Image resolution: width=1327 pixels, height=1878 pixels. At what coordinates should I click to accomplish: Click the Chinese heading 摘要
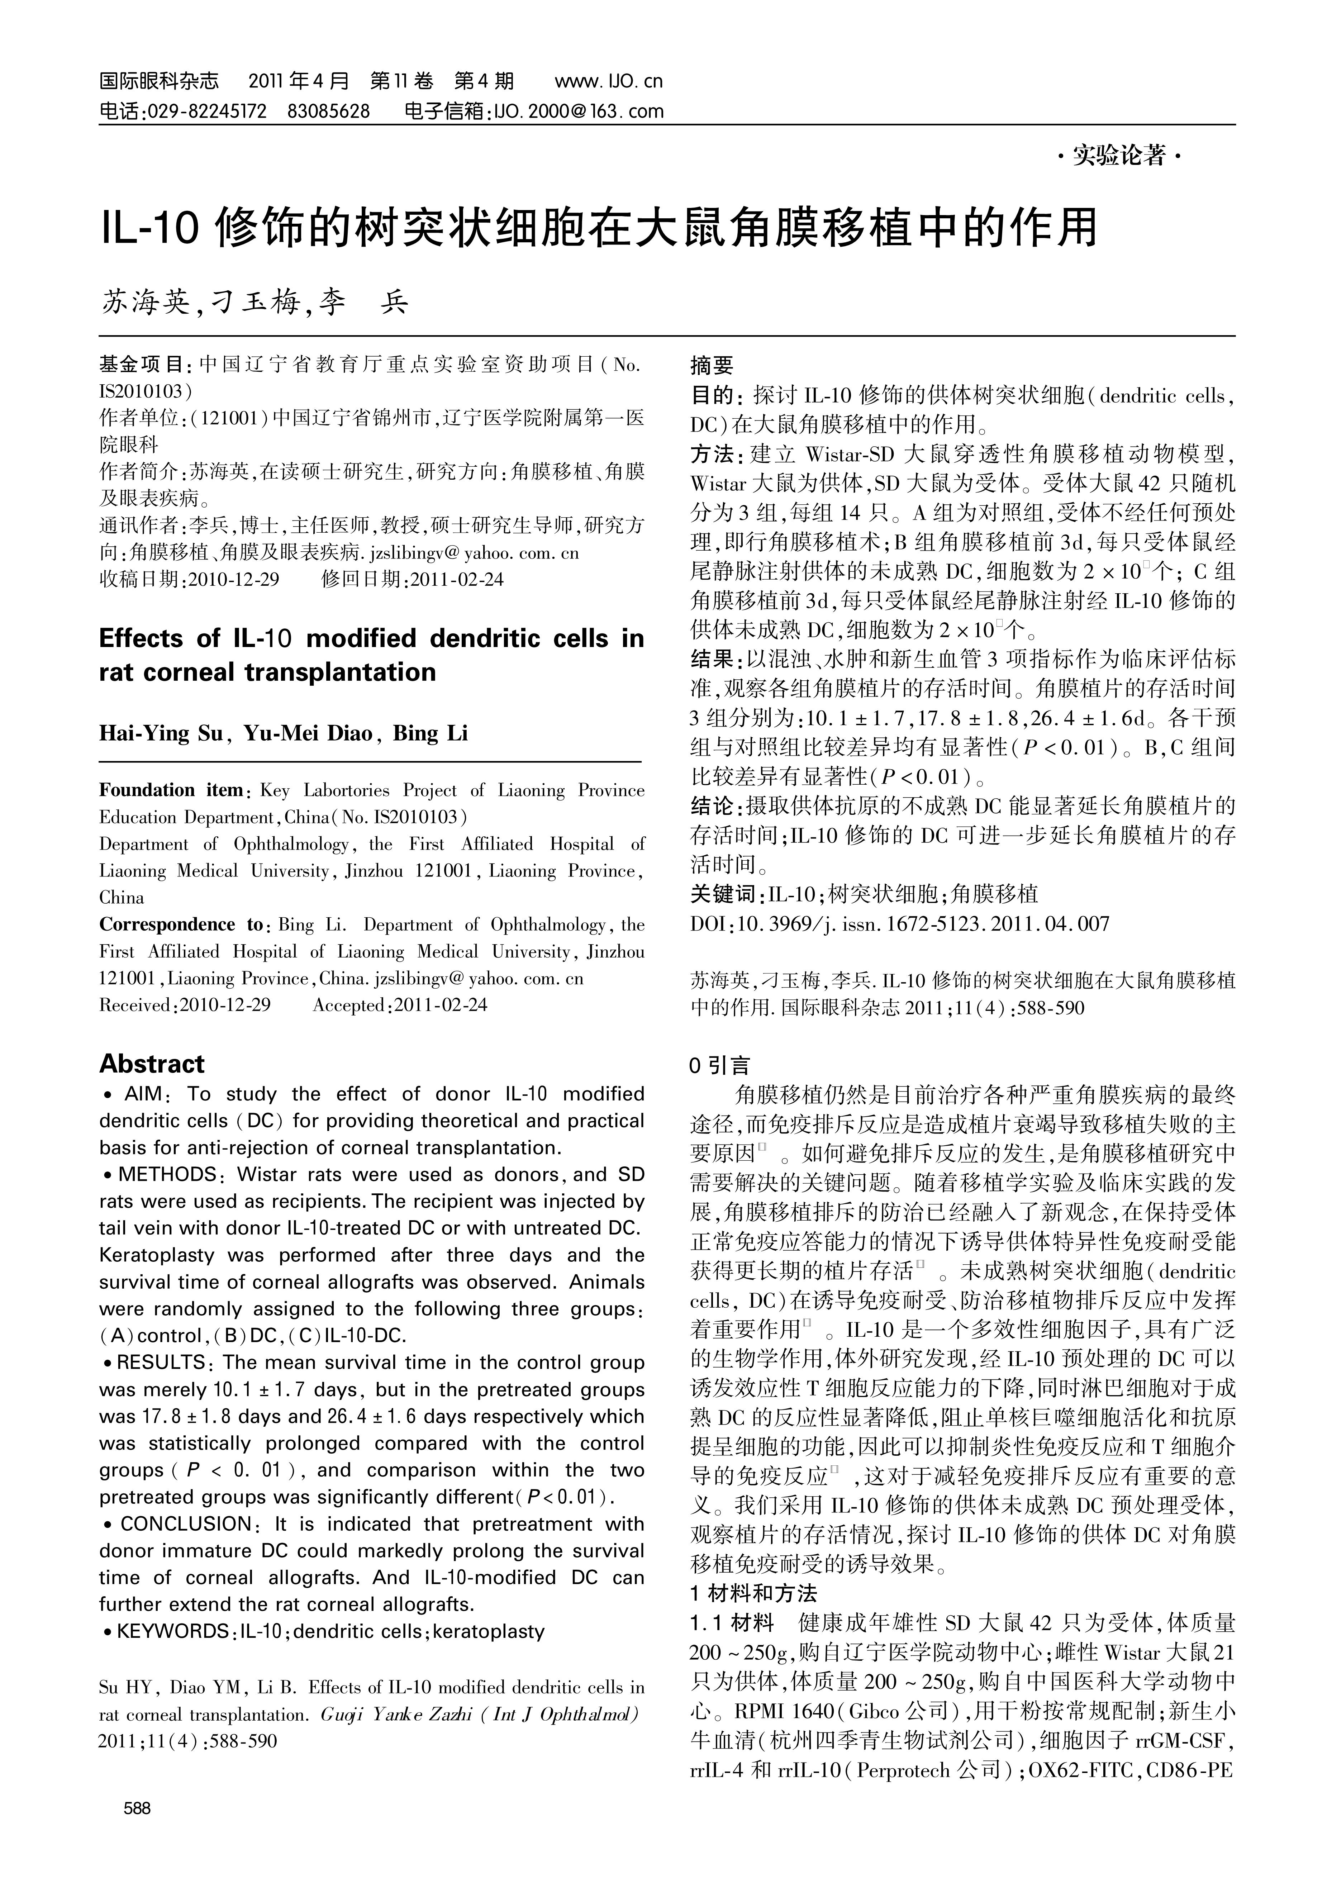[712, 365]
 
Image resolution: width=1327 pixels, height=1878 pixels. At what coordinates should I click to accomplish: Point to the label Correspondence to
[180, 924]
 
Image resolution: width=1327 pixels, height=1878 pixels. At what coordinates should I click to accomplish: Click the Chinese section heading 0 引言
[720, 1065]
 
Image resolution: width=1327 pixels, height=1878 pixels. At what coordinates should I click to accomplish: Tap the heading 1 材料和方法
[753, 1593]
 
